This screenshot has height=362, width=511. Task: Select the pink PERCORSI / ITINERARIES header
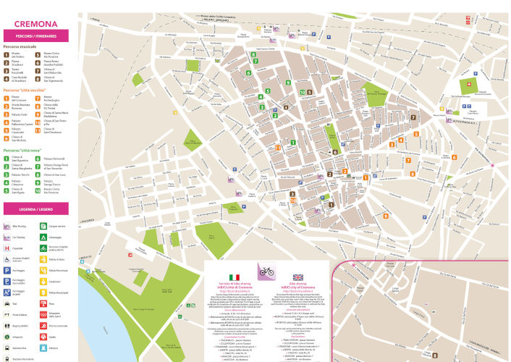(x=35, y=35)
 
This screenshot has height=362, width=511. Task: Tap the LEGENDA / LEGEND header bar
(x=35, y=209)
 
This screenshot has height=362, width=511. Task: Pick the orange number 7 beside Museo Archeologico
(x=40, y=97)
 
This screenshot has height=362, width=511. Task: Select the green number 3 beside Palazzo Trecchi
(x=7, y=175)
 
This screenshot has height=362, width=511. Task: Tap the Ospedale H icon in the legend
(x=7, y=248)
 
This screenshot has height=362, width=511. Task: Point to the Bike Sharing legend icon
(x=7, y=225)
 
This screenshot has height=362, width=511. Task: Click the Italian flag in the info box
(x=233, y=278)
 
